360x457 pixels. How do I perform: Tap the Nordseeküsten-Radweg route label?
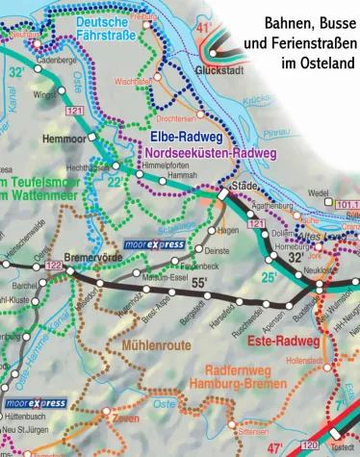[208, 153]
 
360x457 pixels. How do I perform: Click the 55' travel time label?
[199, 282]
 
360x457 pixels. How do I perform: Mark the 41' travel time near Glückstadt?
[202, 29]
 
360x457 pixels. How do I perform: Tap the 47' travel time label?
[275, 447]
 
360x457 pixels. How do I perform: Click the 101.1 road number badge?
[347, 205]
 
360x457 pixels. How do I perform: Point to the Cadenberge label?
[55, 61]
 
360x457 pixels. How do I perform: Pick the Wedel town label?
[319, 192]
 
